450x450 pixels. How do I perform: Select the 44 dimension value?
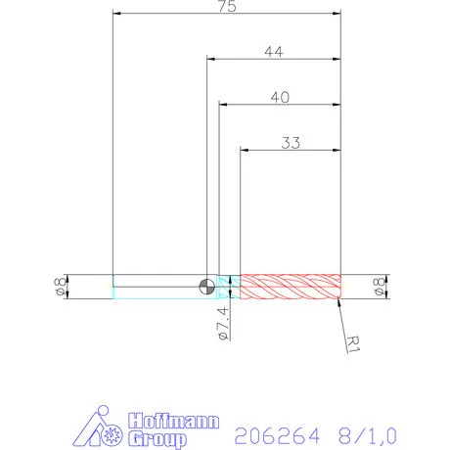click(274, 53)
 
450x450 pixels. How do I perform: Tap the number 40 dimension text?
click(280, 98)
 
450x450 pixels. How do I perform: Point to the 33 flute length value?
click(291, 143)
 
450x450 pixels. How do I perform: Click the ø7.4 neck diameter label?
click(223, 322)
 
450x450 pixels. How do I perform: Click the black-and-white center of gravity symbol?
click(206, 286)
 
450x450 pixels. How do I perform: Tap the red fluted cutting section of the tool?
click(290, 286)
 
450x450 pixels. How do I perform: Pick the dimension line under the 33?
click(291, 151)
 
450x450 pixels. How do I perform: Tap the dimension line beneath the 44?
click(274, 61)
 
